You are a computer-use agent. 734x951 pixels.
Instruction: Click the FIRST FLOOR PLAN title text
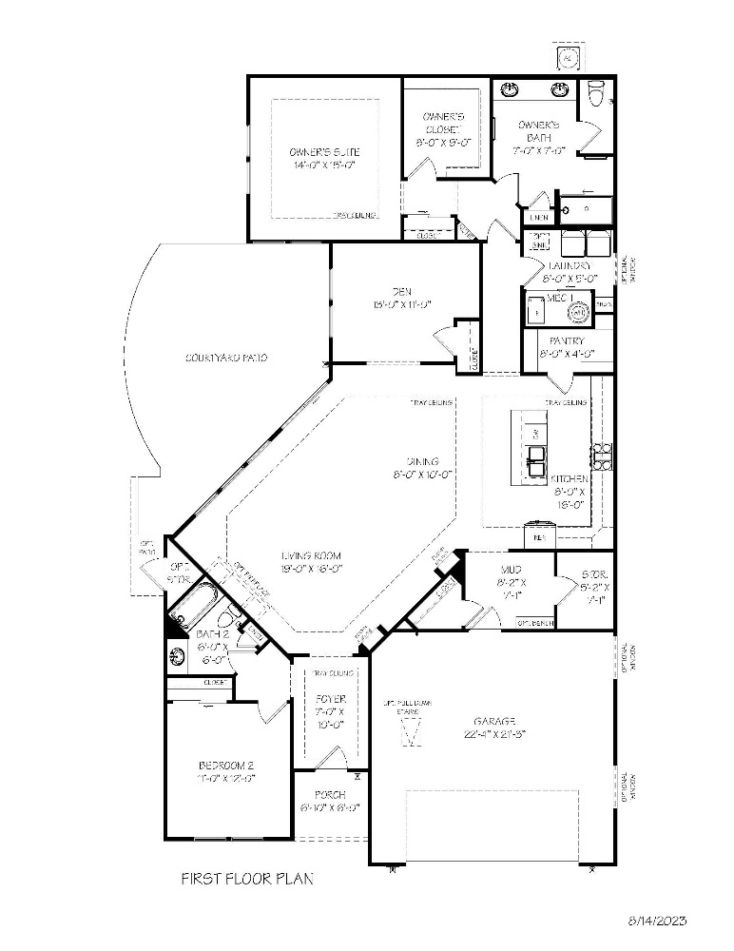[x=246, y=879]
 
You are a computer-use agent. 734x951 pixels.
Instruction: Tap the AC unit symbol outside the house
[x=569, y=59]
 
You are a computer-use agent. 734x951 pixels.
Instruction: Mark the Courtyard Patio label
[x=226, y=359]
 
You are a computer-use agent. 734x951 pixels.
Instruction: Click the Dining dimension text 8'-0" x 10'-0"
[x=422, y=474]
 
